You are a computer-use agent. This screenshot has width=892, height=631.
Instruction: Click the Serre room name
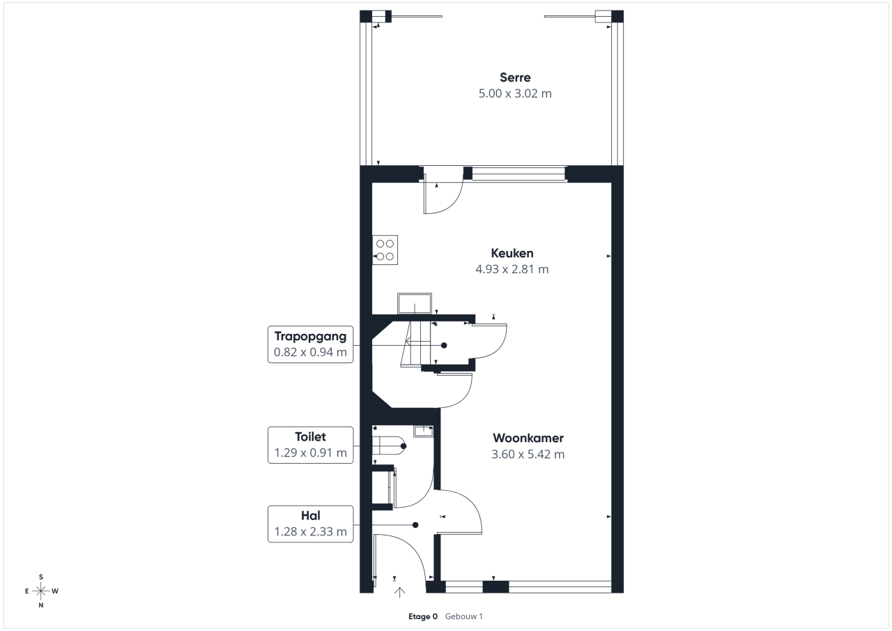coord(515,77)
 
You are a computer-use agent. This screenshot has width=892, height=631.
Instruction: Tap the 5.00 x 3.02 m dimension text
coord(515,93)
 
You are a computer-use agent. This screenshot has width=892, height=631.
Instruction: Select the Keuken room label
coord(512,253)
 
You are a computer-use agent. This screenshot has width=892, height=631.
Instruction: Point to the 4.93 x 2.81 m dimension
coord(512,269)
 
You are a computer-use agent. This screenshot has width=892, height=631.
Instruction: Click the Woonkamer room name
coord(528,438)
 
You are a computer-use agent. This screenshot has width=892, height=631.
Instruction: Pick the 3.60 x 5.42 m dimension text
coord(528,454)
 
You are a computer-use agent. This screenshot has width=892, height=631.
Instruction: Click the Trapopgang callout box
coord(311,344)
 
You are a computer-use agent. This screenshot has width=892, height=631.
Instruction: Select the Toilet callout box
coord(311,445)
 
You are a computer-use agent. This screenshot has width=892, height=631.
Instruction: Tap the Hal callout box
coord(311,524)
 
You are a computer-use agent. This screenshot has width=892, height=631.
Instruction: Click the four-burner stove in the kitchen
coord(385,250)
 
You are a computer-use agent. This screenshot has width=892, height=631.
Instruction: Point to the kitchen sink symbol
coord(415,303)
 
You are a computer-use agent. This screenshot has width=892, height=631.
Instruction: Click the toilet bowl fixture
coord(389,446)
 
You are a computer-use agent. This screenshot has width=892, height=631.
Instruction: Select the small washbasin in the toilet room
coord(423,431)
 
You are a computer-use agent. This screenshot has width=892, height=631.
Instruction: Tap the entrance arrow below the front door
coord(399,593)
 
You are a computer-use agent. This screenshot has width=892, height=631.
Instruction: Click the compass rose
coord(40,591)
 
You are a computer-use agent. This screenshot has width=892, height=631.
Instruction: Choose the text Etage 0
coord(423,616)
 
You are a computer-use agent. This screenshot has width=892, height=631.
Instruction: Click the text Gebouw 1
coord(464,616)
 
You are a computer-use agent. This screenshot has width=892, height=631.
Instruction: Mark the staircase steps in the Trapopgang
coord(416,344)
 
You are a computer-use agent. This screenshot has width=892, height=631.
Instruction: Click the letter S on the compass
coord(40,577)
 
